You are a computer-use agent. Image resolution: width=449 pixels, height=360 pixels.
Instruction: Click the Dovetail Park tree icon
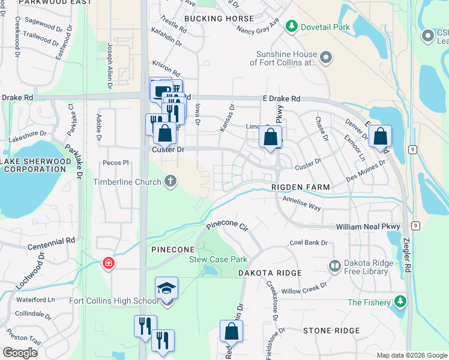click(292, 26)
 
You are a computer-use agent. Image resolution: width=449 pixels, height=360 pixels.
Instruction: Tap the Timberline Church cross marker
click(171, 181)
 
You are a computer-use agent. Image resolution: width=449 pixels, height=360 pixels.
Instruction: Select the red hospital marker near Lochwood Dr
click(109, 263)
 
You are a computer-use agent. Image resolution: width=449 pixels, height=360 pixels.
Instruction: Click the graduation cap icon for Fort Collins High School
click(167, 288)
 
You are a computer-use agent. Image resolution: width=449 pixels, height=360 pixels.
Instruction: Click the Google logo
click(20, 353)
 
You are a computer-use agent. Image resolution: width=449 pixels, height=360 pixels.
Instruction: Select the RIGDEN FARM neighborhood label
click(301, 188)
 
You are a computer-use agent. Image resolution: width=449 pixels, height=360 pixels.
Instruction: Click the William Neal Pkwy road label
click(368, 227)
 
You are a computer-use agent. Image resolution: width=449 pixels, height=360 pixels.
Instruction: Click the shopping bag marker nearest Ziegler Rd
click(381, 136)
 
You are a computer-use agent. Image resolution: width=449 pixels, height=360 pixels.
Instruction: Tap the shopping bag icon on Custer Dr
click(164, 134)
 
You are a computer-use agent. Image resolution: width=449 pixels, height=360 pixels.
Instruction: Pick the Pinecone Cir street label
click(227, 226)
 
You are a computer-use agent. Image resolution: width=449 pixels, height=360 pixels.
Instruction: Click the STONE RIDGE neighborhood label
click(331, 331)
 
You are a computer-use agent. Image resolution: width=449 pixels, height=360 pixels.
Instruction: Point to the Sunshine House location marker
click(326, 58)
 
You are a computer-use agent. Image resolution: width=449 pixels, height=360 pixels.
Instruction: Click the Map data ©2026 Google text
click(411, 355)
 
